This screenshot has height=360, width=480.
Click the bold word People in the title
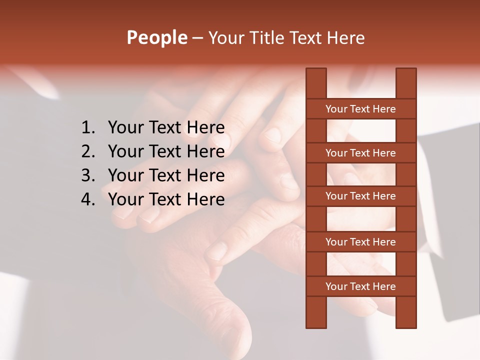[x=156, y=37]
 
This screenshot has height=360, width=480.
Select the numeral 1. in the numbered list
[x=88, y=128]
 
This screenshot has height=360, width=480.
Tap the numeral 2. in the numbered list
[x=88, y=151]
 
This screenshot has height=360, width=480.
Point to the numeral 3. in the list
[x=88, y=175]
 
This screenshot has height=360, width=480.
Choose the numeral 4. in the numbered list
[x=88, y=199]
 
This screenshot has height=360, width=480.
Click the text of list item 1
[x=166, y=128]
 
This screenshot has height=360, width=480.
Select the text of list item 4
[x=166, y=199]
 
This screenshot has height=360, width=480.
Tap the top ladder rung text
[x=360, y=109]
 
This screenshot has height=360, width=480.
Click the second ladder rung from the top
[x=360, y=153]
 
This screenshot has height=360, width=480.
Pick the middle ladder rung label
[x=360, y=196]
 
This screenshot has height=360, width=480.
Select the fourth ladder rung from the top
[x=360, y=242]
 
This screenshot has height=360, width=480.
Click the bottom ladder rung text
[x=360, y=286]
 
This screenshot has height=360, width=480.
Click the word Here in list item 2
[x=205, y=151]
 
